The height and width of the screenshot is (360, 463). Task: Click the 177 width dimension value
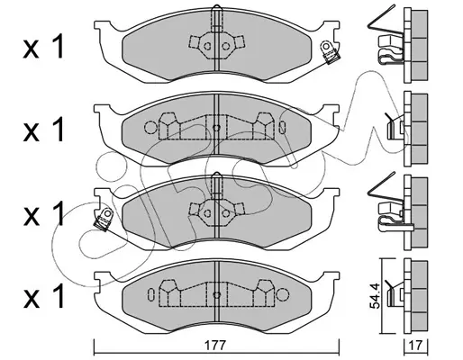215,346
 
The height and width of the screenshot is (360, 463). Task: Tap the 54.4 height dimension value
375,295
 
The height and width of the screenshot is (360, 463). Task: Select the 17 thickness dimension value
416,346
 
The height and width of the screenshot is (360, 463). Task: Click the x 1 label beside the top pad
44,47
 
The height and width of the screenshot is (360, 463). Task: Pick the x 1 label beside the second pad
44,130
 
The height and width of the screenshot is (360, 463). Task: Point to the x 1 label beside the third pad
44,213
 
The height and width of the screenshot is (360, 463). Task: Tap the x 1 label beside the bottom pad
44,296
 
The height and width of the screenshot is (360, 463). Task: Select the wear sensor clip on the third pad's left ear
104,220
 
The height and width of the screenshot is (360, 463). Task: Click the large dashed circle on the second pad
150,128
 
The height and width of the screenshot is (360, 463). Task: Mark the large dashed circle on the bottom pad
282,294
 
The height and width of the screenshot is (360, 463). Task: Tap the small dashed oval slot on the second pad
282,128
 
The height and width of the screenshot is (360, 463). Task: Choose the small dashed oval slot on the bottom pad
150,294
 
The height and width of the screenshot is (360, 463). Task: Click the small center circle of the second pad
216,128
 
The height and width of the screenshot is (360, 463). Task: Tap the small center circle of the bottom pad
216,294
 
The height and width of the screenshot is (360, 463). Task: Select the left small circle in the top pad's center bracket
207,46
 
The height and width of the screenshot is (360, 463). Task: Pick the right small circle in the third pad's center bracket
225,213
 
